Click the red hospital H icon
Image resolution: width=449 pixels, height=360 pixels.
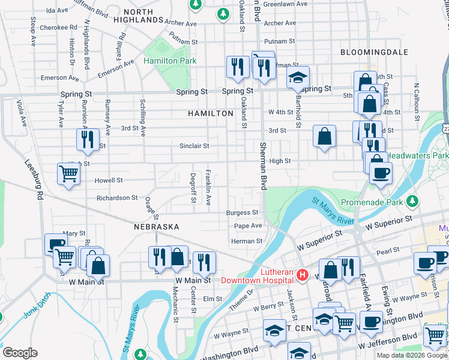point(303,275)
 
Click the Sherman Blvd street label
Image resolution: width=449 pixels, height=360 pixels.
point(263,166)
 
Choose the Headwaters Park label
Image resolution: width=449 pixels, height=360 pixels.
point(417,155)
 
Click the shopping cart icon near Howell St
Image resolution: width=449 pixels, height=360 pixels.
point(68,174)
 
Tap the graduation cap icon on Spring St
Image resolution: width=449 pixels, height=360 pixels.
point(297,77)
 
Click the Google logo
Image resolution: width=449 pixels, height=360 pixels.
point(20,353)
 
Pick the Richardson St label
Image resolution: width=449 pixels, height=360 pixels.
point(117,197)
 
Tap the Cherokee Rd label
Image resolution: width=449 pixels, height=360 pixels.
point(58,28)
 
